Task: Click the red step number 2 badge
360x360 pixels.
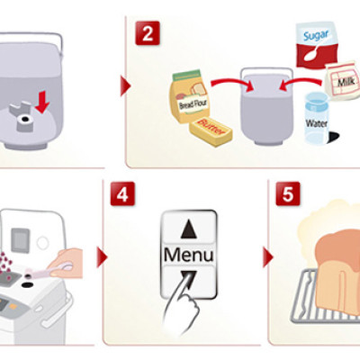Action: point(148,33)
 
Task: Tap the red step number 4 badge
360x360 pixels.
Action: point(122,193)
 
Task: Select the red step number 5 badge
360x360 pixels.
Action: point(288,193)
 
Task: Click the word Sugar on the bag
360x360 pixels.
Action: point(316,35)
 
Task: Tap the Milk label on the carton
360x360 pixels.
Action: point(346,81)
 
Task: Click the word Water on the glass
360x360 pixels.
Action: point(317,123)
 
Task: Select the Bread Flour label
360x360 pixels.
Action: point(193,103)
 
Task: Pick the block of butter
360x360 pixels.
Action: point(211,131)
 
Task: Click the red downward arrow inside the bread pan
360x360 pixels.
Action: point(42,103)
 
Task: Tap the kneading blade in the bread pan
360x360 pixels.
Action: point(22,116)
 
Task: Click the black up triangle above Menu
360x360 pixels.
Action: point(189,229)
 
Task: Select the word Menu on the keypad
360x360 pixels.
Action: point(189,255)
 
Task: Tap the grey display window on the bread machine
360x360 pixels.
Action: point(21,240)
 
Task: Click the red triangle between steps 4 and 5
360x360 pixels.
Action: point(268,257)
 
